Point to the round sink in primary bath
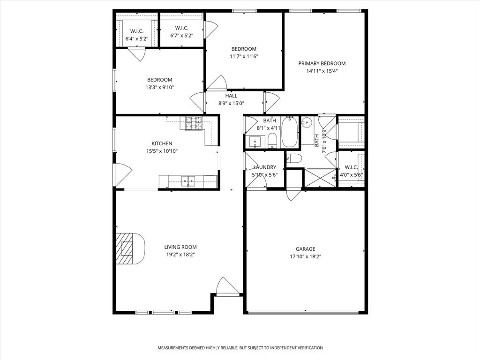(307, 123)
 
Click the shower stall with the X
(320, 178)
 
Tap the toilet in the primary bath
(294, 158)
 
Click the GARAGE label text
(305, 249)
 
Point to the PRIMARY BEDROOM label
(322, 64)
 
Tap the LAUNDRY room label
(265, 167)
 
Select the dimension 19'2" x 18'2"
(180, 255)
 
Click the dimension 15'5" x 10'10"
(162, 151)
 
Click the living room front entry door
(227, 287)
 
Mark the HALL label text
(231, 96)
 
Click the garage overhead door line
(305, 312)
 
